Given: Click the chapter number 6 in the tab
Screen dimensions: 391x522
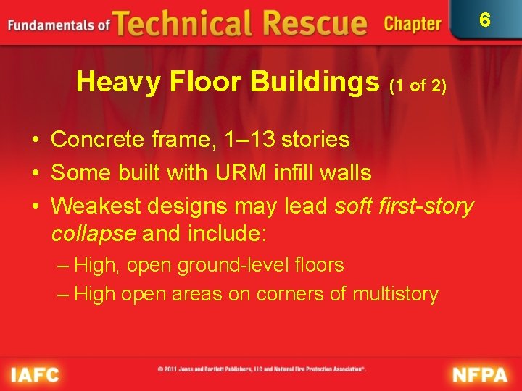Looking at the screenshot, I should tap(485, 20).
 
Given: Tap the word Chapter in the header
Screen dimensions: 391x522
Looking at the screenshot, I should tap(413, 24).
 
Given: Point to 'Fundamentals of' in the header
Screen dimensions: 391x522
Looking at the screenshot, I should tap(59, 25).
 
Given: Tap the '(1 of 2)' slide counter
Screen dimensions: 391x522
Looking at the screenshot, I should tap(418, 85).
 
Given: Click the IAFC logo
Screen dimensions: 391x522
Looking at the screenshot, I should tap(35, 374).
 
